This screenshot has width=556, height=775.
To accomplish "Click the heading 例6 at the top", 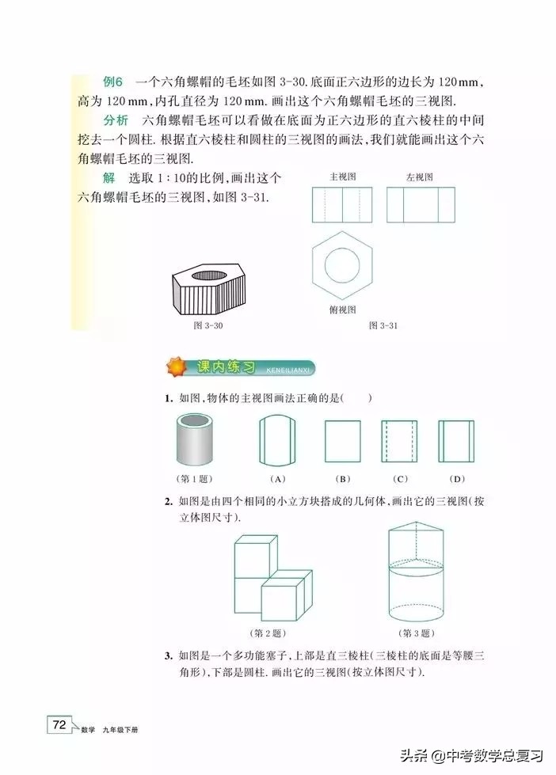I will click(112, 82).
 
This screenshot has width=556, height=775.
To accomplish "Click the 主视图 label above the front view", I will click(341, 177).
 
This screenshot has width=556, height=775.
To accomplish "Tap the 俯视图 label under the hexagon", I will click(342, 310).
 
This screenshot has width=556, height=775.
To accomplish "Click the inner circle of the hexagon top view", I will click(342, 267).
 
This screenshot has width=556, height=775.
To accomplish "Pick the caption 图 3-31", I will click(383, 325).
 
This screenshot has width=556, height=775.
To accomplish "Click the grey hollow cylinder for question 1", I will click(197, 440).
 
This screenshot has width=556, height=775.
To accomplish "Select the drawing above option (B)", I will click(343, 441).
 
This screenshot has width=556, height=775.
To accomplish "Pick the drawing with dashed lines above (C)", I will click(400, 441).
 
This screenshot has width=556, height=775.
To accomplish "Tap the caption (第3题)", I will click(414, 633).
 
